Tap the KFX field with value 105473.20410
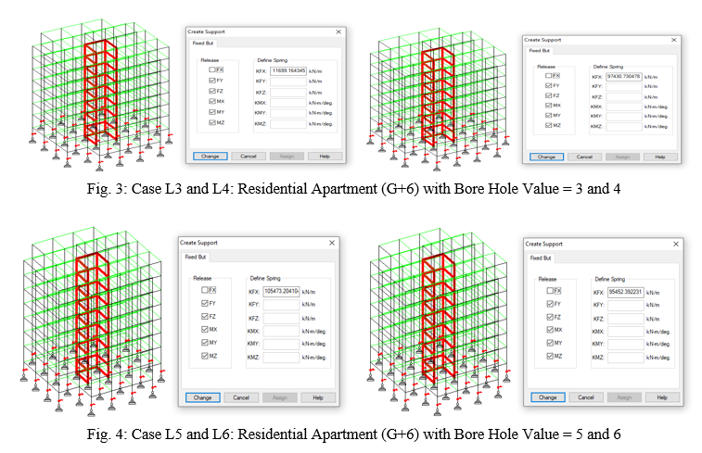pyautogui.click(x=282, y=291)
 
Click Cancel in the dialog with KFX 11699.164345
pyautogui.click(x=243, y=156)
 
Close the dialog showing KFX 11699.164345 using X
pyautogui.click(x=338, y=31)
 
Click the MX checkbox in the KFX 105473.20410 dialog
pyautogui.click(x=204, y=329)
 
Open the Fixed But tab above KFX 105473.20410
pyautogui.click(x=196, y=257)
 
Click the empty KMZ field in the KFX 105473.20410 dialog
pyautogui.click(x=282, y=356)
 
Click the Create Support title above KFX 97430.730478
pyautogui.click(x=544, y=40)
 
